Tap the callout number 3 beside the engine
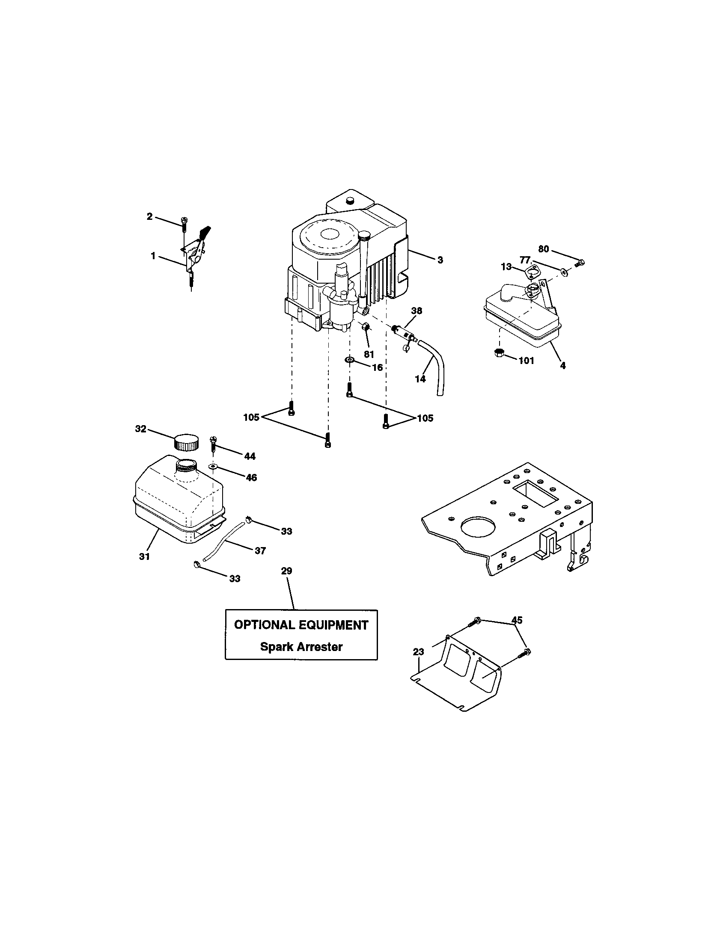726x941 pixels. [x=440, y=260]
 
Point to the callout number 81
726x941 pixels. [x=369, y=355]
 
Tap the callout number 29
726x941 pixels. [x=286, y=571]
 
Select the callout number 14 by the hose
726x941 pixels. [x=420, y=379]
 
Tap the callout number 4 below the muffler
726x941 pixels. [x=562, y=366]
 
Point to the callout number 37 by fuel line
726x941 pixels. [x=260, y=550]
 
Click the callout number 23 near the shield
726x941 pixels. [x=418, y=652]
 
